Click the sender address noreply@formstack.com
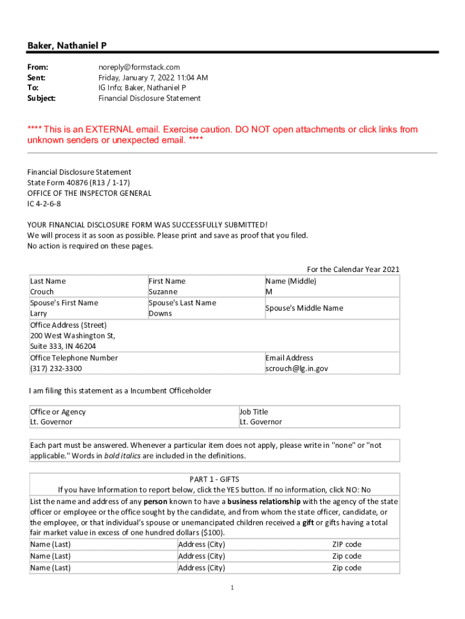point(139,67)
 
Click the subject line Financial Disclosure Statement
point(149,98)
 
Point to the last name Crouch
point(42,291)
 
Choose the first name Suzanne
point(163,291)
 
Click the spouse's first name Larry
point(39,314)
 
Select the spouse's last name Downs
point(160,313)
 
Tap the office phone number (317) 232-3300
point(56,368)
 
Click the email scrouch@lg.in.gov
point(297,368)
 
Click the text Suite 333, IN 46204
point(63,346)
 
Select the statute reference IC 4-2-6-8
point(44,204)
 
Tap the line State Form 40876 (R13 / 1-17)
point(79,183)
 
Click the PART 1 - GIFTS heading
point(214,479)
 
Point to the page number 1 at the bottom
point(232,588)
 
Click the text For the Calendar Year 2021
point(353,270)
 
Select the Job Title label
point(254,412)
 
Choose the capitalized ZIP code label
point(347,544)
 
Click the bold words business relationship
point(264,501)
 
